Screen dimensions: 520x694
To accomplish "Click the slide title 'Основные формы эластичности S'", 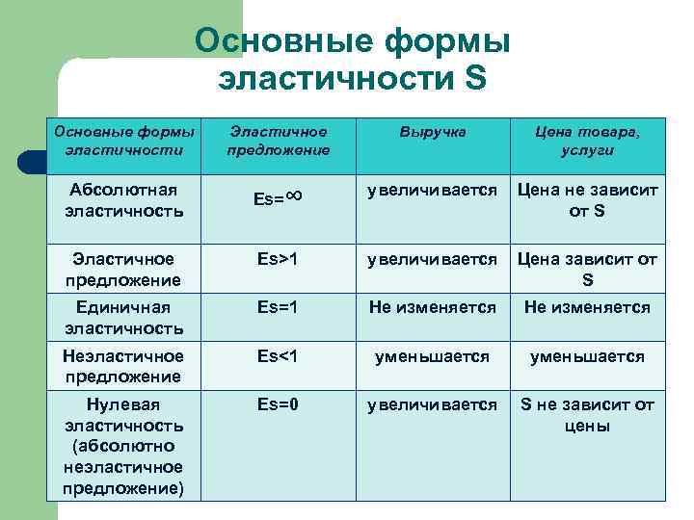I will [352, 60].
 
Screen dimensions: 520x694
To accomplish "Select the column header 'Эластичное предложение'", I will [278, 141].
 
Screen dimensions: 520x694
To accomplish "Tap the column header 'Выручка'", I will [433, 132].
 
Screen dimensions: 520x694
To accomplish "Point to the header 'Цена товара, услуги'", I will [587, 141].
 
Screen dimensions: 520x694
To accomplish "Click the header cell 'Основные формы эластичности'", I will [124, 141].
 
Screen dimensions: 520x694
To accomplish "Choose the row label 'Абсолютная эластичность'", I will [124, 199].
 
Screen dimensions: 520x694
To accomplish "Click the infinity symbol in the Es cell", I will [294, 195].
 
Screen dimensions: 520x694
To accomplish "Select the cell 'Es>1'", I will [278, 259].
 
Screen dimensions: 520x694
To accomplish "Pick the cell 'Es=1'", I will [278, 307].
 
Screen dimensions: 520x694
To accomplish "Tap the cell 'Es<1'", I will [278, 356].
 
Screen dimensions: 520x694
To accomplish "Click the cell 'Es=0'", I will [278, 404].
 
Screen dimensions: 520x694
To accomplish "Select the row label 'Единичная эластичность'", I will [124, 317].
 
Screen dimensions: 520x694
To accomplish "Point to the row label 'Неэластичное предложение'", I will [124, 366].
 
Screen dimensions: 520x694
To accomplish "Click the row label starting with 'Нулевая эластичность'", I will [124, 446].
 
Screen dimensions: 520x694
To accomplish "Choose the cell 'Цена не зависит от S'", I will [587, 199].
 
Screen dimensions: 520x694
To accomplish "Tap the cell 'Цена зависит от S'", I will [587, 269].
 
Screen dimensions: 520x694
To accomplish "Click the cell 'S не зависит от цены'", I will [587, 414].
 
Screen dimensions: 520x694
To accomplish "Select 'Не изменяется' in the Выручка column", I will [433, 307].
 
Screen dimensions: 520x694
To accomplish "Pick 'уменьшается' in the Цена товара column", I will [587, 356].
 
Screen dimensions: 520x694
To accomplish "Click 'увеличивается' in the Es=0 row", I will [433, 404].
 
